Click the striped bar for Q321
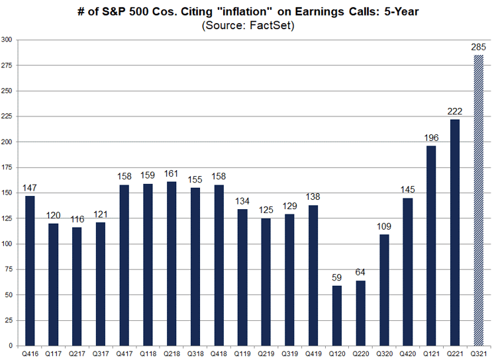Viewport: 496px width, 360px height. [x=478, y=201]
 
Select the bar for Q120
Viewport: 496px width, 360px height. [x=337, y=316]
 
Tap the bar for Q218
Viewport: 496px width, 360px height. [x=172, y=263]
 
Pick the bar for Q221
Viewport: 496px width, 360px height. [x=454, y=233]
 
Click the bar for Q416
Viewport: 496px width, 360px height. [x=30, y=271]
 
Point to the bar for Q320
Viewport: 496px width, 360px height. [x=384, y=290]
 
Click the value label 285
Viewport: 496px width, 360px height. [x=478, y=47]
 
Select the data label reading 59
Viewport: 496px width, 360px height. [x=336, y=277]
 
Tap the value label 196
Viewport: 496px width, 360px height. [x=431, y=138]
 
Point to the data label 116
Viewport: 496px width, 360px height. [x=77, y=219]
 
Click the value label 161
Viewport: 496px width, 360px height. [x=171, y=173]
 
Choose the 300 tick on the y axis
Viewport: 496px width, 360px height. [x=7, y=40]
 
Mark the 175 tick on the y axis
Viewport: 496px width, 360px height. [x=7, y=167]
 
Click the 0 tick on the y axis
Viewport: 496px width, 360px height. [x=11, y=346]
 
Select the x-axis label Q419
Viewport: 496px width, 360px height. [x=313, y=354]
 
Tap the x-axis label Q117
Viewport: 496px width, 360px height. [x=53, y=354]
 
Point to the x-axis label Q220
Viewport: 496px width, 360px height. [x=361, y=354]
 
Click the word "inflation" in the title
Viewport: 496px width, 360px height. [x=244, y=11]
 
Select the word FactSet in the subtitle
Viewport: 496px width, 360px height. [x=270, y=25]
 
